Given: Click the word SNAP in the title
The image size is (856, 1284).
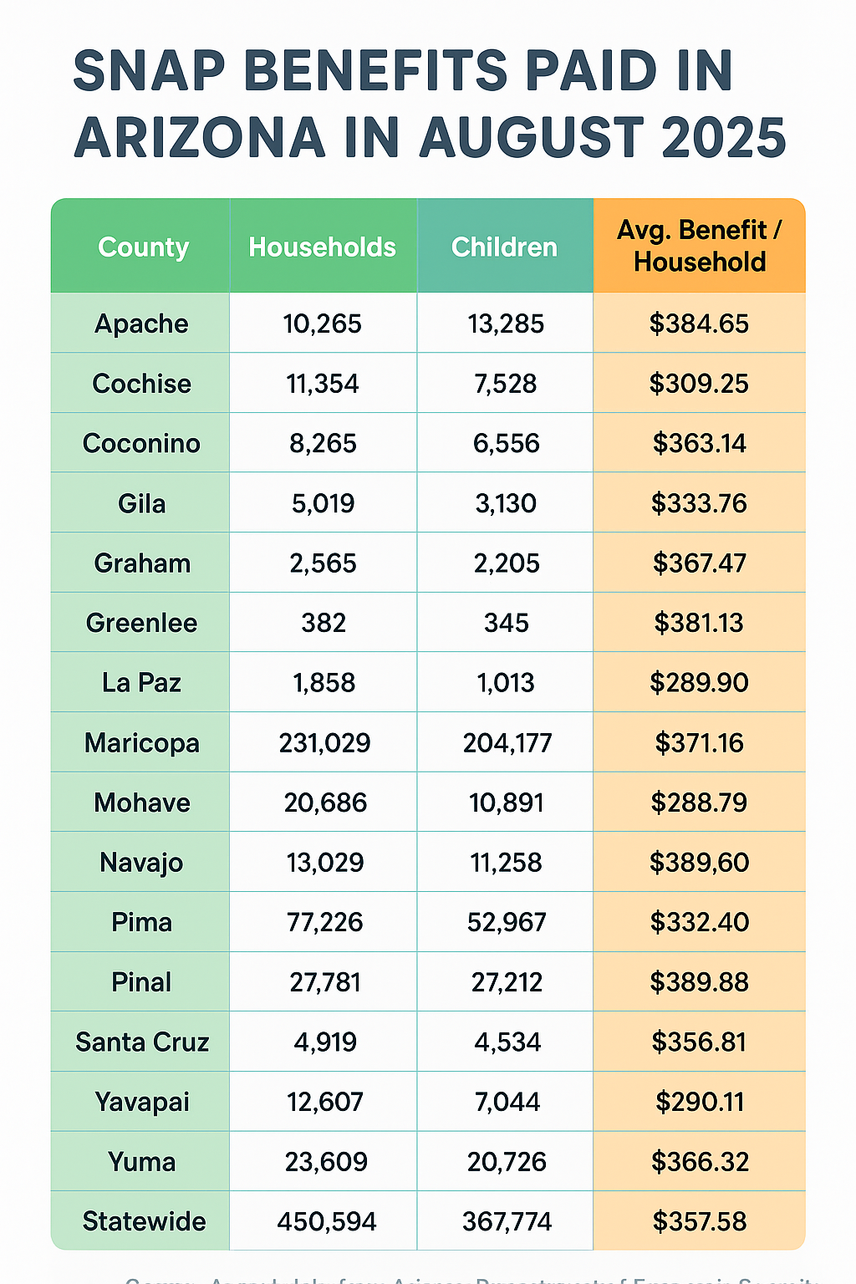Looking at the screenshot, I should click(149, 71).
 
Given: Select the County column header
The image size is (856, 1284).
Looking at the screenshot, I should click(143, 247).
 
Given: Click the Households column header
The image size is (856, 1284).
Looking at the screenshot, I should click(323, 247).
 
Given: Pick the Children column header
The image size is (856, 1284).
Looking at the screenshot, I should click(504, 247).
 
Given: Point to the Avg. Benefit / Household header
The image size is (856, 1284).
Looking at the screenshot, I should click(700, 246).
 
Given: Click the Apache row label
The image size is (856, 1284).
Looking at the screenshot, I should click(141, 324).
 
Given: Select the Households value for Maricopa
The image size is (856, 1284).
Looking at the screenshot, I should click(324, 743).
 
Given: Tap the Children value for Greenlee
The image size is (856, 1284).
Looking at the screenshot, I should click(507, 623).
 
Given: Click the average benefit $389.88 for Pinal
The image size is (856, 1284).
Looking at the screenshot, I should click(700, 982).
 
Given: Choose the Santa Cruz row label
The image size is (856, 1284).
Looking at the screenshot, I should click(142, 1042).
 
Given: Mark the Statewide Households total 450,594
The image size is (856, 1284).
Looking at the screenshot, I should click(327, 1222).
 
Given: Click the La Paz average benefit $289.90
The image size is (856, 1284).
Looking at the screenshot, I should click(700, 683).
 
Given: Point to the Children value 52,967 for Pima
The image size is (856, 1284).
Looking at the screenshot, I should click(507, 923).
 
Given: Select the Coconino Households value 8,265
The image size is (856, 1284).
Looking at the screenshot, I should click(323, 444).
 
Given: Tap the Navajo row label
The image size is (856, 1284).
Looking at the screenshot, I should click(141, 863).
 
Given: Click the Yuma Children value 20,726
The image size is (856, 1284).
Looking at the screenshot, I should click(507, 1162).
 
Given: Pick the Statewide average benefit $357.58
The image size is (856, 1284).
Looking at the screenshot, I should click(700, 1222).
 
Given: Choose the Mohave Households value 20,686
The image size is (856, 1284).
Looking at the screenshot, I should click(325, 803).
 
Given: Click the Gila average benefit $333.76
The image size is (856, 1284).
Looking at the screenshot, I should click(700, 504).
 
